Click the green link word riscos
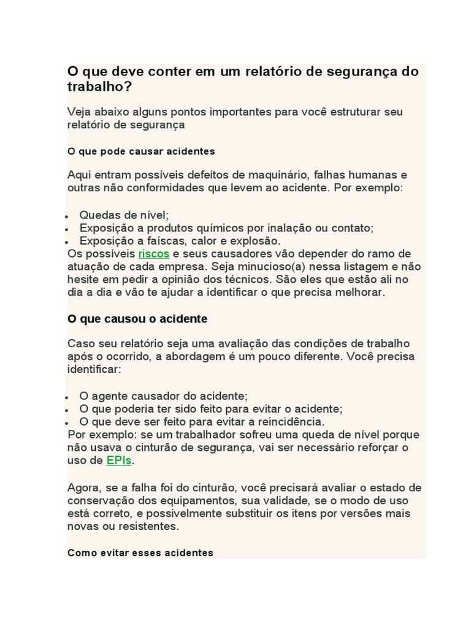click(153, 254)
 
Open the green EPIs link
click(118, 461)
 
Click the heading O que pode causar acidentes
click(141, 151)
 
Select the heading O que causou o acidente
click(137, 319)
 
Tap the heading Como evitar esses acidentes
click(140, 553)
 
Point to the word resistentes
click(150, 526)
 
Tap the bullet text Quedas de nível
click(124, 215)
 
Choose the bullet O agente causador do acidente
click(163, 396)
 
